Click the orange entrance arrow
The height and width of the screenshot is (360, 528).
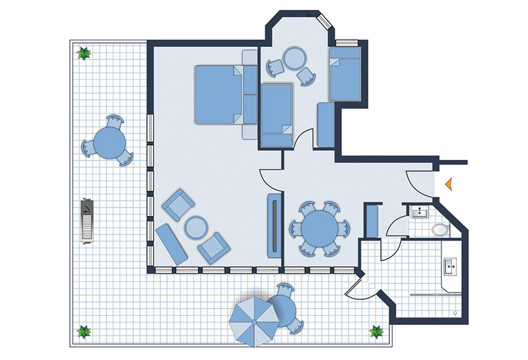click(x=448, y=185)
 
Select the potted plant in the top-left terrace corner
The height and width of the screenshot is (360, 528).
click(x=84, y=54)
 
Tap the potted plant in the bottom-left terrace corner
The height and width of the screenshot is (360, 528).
click(x=84, y=332)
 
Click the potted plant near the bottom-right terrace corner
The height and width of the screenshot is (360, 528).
click(x=378, y=332)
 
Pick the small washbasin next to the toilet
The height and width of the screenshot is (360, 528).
click(x=418, y=212)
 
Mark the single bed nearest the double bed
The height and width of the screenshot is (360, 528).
click(x=277, y=114)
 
